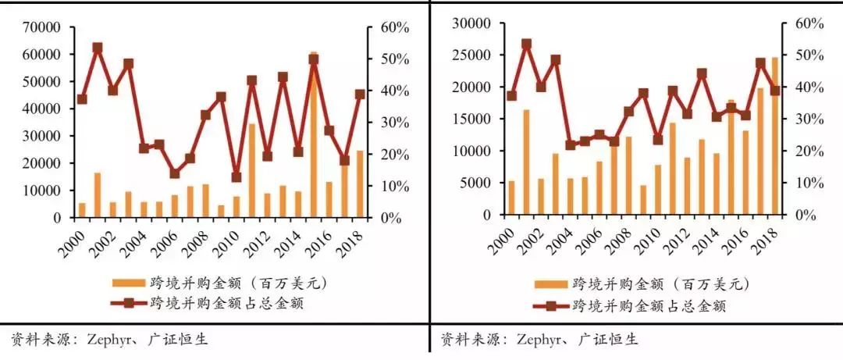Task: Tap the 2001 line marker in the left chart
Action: [98, 48]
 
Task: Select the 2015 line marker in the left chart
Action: [314, 59]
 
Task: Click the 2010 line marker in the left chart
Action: [237, 177]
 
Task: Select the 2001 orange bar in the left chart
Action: [98, 195]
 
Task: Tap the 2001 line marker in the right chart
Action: [526, 45]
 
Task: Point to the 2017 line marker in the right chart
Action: [760, 63]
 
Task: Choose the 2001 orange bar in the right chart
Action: [526, 162]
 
